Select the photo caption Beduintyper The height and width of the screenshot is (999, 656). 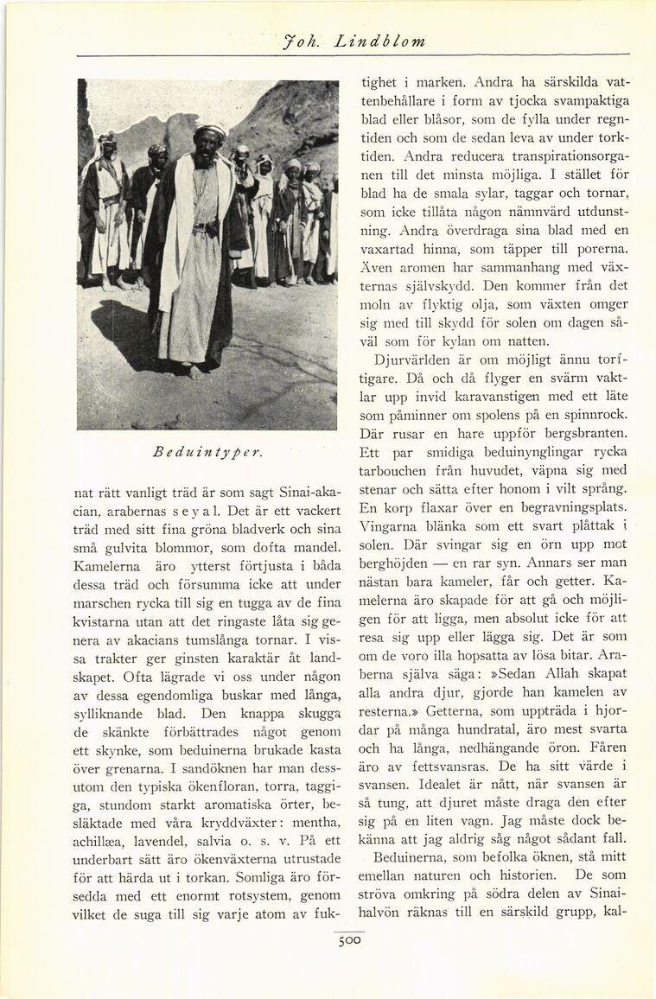207,452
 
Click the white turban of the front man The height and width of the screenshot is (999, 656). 209,131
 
